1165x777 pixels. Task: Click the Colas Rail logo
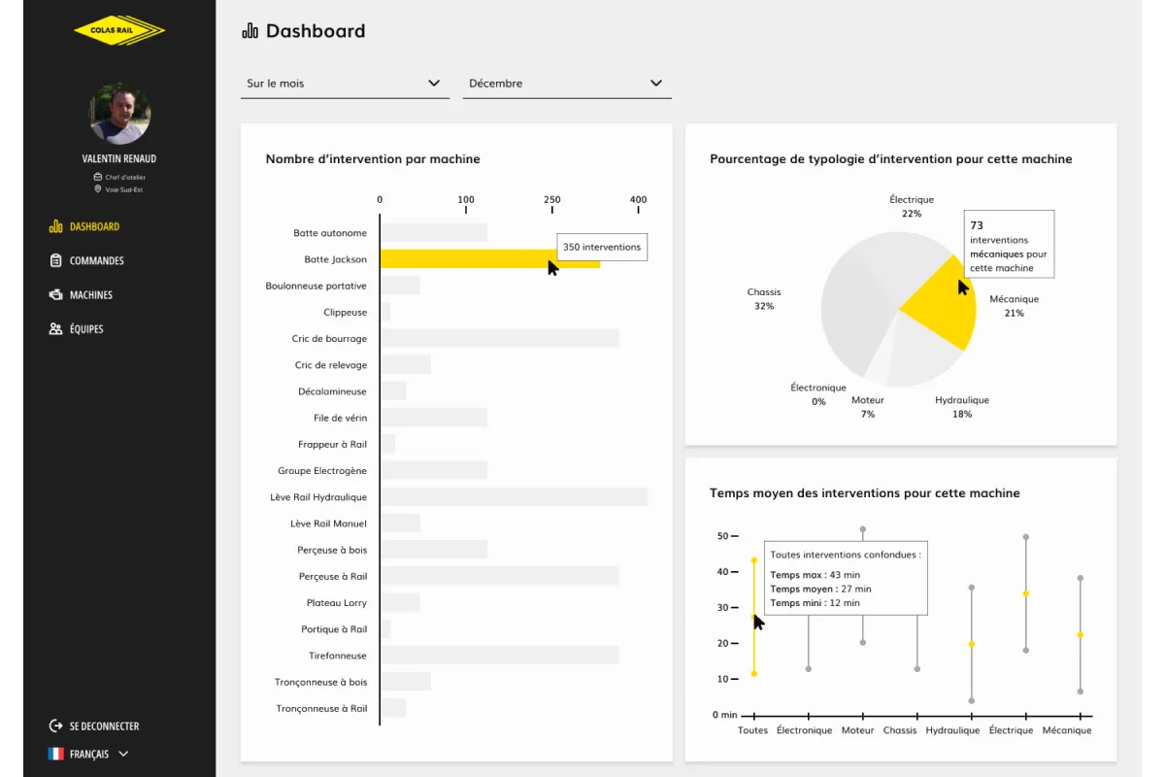coord(119,30)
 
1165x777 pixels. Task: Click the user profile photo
coord(120,114)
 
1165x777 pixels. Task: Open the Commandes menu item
coord(96,260)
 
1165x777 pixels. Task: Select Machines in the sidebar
coord(90,294)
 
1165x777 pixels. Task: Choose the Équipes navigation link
coord(86,329)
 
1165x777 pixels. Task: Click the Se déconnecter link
coord(104,726)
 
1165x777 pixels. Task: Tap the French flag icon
coord(55,754)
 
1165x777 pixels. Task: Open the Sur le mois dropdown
coord(345,84)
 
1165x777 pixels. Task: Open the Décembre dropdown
coord(566,84)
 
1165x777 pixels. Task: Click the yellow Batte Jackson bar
coord(466,259)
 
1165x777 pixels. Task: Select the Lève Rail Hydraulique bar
coord(513,497)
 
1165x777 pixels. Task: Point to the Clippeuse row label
coord(345,313)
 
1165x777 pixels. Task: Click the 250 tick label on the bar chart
coord(552,200)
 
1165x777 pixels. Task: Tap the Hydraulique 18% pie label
coord(962,407)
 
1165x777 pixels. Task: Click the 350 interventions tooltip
coord(602,247)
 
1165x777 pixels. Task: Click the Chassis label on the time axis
coord(900,730)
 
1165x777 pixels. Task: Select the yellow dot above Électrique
coord(1025,593)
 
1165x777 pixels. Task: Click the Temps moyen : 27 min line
coord(820,589)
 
